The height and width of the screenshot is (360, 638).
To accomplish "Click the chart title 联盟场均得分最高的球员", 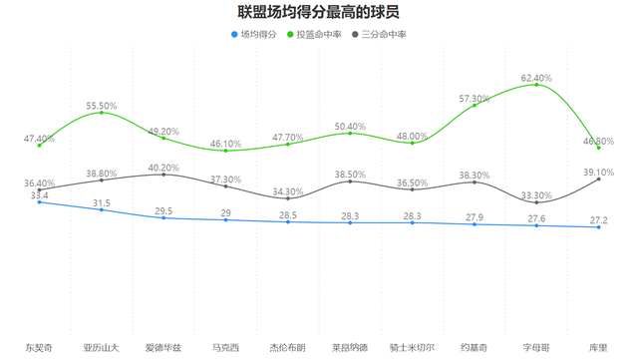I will click(x=319, y=13).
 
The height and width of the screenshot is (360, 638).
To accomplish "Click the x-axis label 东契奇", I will click(x=39, y=347).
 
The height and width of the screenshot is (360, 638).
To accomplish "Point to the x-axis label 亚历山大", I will click(x=101, y=347).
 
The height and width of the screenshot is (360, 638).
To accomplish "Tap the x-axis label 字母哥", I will click(x=536, y=347).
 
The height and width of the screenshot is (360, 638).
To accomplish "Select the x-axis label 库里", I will click(x=598, y=347).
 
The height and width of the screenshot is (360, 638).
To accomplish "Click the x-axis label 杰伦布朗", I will click(x=288, y=347).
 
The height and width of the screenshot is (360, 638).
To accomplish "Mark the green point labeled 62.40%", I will click(x=536, y=85).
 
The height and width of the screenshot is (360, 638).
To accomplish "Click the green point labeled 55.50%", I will click(x=101, y=113).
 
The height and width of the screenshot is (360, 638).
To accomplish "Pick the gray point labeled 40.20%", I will click(x=163, y=175).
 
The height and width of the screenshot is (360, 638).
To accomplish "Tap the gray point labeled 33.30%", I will click(x=536, y=202).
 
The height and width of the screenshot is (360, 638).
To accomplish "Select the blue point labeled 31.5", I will click(x=101, y=209).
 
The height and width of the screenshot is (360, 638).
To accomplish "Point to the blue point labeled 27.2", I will click(x=598, y=227).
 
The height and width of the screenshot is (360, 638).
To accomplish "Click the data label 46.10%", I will click(x=225, y=144).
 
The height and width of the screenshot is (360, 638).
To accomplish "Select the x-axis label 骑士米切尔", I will click(x=412, y=347).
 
